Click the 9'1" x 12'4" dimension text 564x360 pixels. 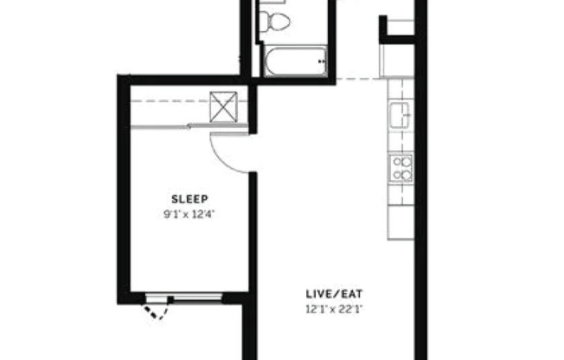point(189,213)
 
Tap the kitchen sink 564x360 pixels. point(400,114)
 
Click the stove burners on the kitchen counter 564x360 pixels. point(400,166)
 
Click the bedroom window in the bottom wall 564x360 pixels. point(183,298)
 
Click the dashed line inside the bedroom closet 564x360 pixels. point(169,101)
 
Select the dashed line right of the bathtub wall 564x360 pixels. point(356,79)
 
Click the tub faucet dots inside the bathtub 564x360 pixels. point(322,61)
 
